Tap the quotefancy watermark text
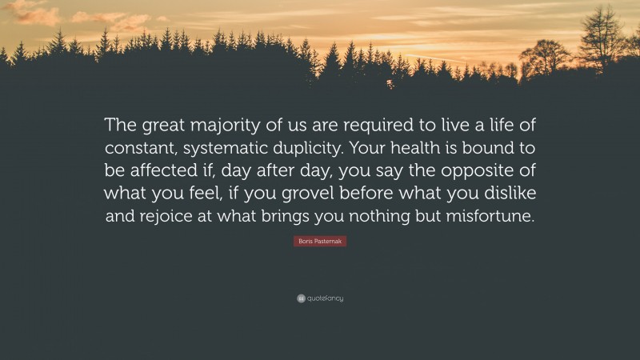[x=324, y=298]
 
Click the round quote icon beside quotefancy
[x=300, y=298]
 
